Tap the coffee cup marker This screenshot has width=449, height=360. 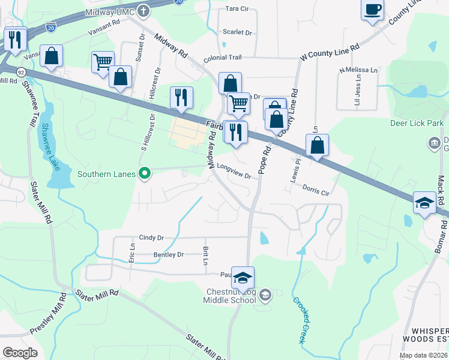(x=372, y=10)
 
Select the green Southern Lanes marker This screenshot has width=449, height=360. (x=144, y=174)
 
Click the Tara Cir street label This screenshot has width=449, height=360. (x=237, y=9)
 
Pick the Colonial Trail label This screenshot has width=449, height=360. (x=222, y=57)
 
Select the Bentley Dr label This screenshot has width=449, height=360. (x=168, y=255)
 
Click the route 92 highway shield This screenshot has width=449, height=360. (x=21, y=72)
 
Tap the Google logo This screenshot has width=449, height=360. (x=20, y=352)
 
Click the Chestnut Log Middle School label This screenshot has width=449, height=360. (x=231, y=296)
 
